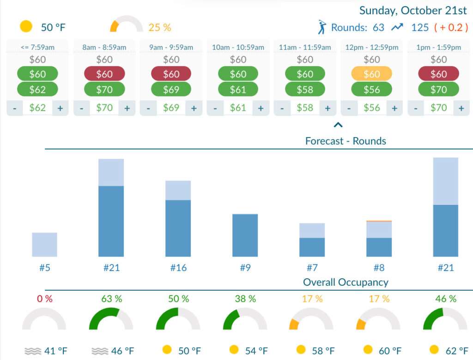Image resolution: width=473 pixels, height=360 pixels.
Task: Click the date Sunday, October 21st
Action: pyautogui.click(x=413, y=10)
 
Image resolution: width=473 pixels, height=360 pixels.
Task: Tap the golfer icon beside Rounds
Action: pyautogui.click(x=322, y=27)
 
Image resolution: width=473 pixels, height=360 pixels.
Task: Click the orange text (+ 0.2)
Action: pyautogui.click(x=451, y=27)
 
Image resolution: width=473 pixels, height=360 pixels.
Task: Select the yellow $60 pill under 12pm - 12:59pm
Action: pyautogui.click(x=371, y=74)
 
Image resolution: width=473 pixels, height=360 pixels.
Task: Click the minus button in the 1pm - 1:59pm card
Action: pyautogui.click(x=416, y=108)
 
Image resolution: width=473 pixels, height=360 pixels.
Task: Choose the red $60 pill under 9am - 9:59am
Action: pyautogui.click(x=171, y=74)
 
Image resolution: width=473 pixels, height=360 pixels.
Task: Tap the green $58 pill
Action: pyautogui.click(x=305, y=89)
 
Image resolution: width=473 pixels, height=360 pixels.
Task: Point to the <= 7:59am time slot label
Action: pyautogui.click(x=37, y=47)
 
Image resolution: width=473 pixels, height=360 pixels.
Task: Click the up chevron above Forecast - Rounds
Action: pyautogui.click(x=338, y=124)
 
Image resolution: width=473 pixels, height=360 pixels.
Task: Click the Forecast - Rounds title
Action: pyautogui.click(x=346, y=141)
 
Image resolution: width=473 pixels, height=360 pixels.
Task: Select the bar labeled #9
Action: pyautogui.click(x=245, y=235)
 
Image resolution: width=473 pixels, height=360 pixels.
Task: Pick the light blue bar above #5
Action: pyautogui.click(x=44, y=244)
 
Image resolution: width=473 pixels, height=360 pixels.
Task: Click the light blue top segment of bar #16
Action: pyautogui.click(x=178, y=190)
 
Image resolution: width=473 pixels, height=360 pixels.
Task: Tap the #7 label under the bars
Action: pyautogui.click(x=312, y=267)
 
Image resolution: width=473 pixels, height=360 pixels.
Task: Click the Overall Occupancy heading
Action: pyautogui.click(x=346, y=282)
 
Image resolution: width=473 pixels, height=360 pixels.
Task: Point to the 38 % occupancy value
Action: pyautogui.click(x=245, y=299)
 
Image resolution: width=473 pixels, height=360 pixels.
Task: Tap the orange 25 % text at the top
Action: pyautogui.click(x=159, y=27)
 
